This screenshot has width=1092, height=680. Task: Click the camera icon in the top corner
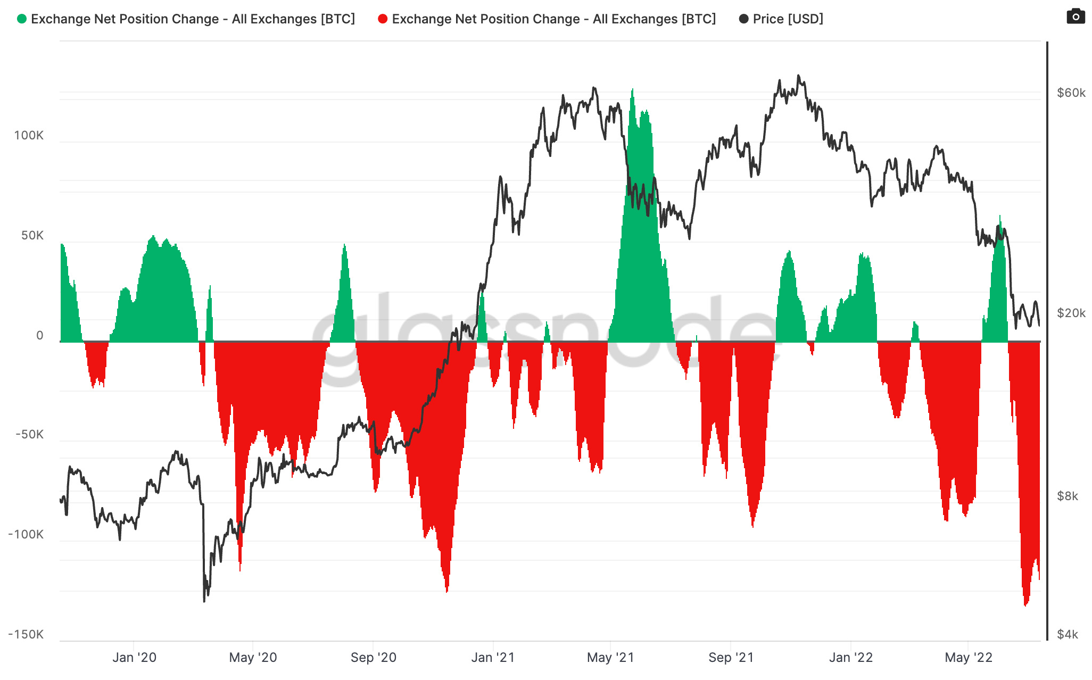pyautogui.click(x=1076, y=16)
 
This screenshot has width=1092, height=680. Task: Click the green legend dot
pyautogui.click(x=22, y=19)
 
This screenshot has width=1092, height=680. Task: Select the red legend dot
pyautogui.click(x=382, y=19)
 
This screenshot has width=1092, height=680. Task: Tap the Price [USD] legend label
pyautogui.click(x=788, y=19)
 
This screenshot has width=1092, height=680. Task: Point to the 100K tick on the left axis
pyautogui.click(x=29, y=135)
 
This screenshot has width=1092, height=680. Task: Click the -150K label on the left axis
pyautogui.click(x=26, y=634)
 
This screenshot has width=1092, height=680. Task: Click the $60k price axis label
pyautogui.click(x=1071, y=93)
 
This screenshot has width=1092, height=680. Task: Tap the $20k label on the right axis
pyautogui.click(x=1071, y=313)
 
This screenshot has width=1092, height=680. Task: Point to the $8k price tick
pyautogui.click(x=1068, y=496)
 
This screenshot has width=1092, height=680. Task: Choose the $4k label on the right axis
pyautogui.click(x=1068, y=634)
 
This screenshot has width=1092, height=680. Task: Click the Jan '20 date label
pyautogui.click(x=134, y=658)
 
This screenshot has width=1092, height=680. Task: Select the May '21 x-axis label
pyautogui.click(x=610, y=658)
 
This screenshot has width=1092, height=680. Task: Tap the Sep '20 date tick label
pyautogui.click(x=373, y=658)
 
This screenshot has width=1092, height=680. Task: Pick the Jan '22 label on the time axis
pyautogui.click(x=850, y=658)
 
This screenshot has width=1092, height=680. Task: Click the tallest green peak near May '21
pyautogui.click(x=632, y=90)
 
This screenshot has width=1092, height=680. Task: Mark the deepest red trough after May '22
pyautogui.click(x=1025, y=605)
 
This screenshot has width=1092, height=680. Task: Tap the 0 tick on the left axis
pyautogui.click(x=40, y=335)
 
